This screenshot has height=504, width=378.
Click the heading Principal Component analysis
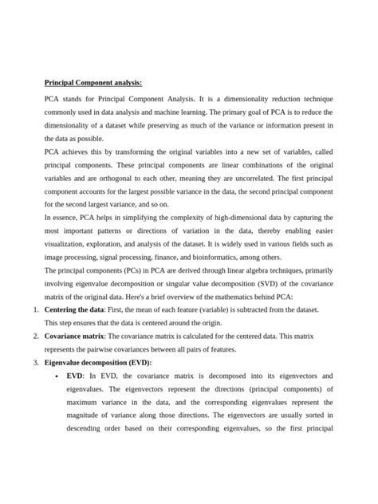point(93,82)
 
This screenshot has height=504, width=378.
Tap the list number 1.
point(37,308)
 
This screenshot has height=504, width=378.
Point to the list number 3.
point(37,362)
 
